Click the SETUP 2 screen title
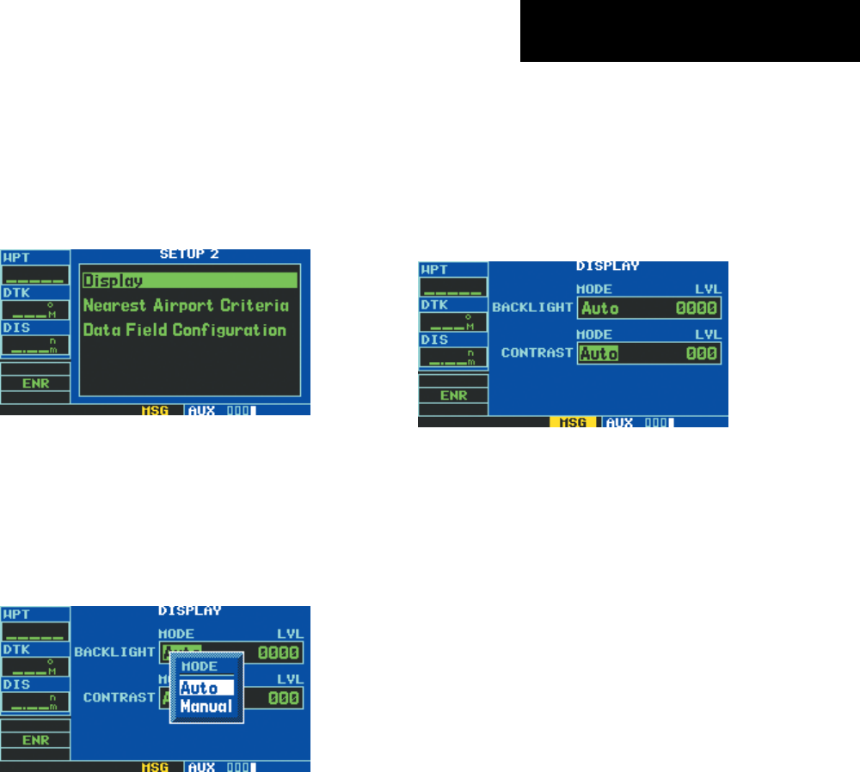[x=189, y=254]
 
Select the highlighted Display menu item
[x=189, y=280]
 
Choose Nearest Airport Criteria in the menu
[x=185, y=305]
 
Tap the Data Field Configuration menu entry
[x=184, y=330]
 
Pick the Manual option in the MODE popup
[x=206, y=707]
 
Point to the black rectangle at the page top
[x=689, y=31]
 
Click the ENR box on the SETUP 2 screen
[x=35, y=383]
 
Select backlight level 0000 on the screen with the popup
[x=279, y=653]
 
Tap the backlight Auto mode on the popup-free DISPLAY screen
[x=600, y=309]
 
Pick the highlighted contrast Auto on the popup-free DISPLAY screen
[x=600, y=353]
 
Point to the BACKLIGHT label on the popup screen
[x=114, y=653]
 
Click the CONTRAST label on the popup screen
[x=119, y=697]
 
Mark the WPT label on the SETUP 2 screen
[x=15, y=257]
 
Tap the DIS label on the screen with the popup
[x=15, y=683]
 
